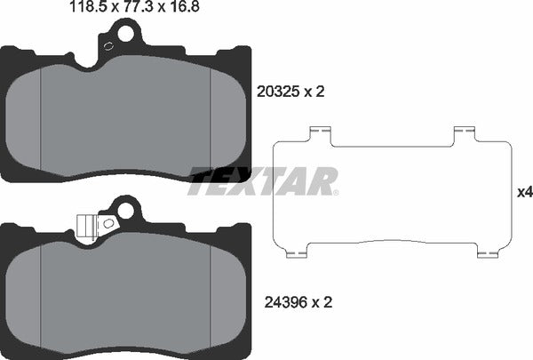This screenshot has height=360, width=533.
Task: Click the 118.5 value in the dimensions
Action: point(86,10)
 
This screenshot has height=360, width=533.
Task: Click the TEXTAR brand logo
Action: point(264,181)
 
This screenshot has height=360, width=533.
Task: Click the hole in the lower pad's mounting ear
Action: point(123,212)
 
